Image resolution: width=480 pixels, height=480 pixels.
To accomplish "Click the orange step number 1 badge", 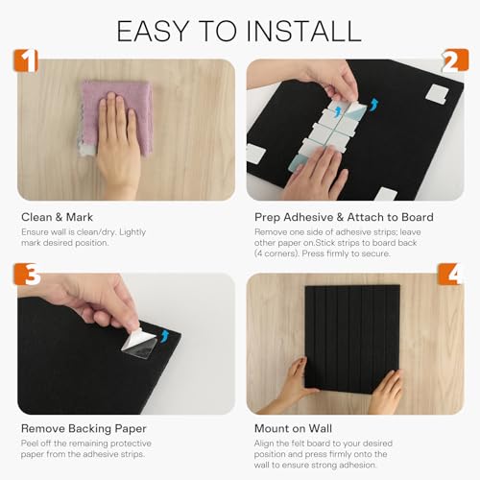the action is pos(26,60).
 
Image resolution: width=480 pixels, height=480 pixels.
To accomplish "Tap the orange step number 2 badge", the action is pos(454,60).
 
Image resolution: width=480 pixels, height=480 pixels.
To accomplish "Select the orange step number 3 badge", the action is pos(27,275).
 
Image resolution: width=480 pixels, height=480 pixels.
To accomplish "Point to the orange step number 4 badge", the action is pos(451,274).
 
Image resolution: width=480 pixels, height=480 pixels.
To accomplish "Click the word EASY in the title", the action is pos(153,31).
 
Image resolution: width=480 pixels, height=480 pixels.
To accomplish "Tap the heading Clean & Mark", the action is pos(57,217).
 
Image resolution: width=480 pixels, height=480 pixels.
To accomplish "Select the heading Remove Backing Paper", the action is pos(84,428).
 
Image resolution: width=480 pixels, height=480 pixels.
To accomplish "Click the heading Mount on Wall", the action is pos(293,428).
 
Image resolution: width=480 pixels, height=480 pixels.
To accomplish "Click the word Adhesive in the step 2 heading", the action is pos(308,217).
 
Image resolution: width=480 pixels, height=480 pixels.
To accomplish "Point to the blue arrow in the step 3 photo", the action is pos(164,336).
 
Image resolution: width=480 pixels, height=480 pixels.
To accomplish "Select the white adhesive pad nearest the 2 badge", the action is pos(437,95).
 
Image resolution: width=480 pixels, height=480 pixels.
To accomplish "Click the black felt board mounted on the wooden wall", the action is pos(352,339).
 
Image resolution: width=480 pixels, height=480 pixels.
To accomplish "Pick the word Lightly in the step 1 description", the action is pos(132,232).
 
